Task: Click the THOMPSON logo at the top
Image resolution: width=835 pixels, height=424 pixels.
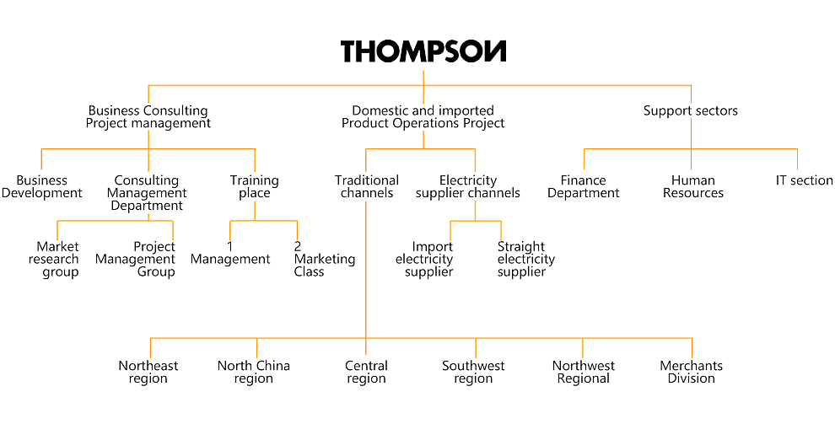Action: (x=423, y=51)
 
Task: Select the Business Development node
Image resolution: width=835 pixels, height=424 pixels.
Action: (x=41, y=187)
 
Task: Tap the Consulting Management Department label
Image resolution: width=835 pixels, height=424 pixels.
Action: (x=148, y=193)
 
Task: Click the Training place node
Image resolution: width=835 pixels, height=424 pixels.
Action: (x=255, y=187)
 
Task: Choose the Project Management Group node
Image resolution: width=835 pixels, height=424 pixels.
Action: (x=135, y=259)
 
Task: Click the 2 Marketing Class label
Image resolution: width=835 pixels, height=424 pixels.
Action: (x=325, y=259)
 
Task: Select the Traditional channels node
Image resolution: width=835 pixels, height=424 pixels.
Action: (x=367, y=187)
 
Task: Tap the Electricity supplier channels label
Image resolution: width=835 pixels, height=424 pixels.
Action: (x=468, y=187)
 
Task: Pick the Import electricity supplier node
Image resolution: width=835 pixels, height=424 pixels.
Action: (x=424, y=259)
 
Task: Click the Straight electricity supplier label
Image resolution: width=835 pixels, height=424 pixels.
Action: (x=526, y=259)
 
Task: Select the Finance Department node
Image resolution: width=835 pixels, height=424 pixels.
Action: (x=584, y=187)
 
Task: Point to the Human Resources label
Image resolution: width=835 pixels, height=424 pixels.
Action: (x=693, y=187)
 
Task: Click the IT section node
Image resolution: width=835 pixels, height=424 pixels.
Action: (x=804, y=180)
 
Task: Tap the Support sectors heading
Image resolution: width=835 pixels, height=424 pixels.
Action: (x=691, y=110)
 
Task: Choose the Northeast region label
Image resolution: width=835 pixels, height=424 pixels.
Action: (x=148, y=372)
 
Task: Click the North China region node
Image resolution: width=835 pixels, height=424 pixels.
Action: (x=254, y=372)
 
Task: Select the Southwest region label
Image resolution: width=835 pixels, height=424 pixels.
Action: (x=473, y=372)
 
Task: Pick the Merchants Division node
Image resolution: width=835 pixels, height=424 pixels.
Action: (x=692, y=372)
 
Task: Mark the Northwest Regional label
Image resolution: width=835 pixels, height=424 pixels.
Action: (x=583, y=372)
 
